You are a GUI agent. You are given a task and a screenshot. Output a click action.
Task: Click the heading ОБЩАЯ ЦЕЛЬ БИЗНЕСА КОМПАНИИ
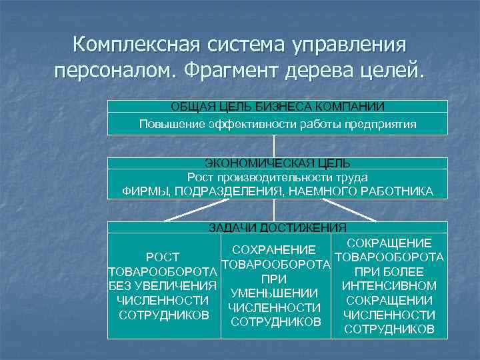(278, 107)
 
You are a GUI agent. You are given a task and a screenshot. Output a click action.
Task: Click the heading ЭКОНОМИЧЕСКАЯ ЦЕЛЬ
(277, 163)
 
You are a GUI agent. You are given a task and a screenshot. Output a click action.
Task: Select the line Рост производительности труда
(277, 177)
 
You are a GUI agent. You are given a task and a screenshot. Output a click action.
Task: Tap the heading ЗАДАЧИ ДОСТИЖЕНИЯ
(277, 227)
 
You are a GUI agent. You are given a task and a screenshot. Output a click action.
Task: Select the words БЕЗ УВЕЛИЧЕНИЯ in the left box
(163, 287)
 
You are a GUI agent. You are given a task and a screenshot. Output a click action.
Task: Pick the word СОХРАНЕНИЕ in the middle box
(275, 250)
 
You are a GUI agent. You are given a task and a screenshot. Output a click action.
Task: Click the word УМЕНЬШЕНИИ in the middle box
(275, 293)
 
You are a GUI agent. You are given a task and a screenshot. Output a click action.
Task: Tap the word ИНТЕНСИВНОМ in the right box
(389, 286)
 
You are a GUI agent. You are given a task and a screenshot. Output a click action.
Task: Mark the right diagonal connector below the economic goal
(354, 210)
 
